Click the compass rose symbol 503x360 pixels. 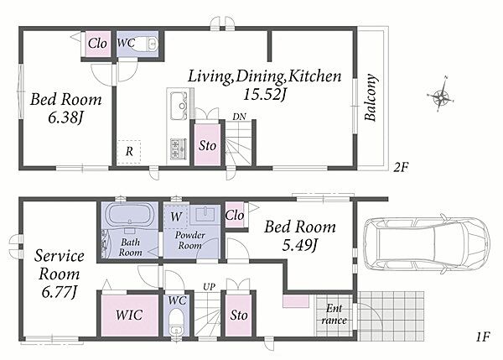point(442,95)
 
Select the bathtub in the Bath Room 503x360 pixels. point(130,214)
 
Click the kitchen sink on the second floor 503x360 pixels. point(178,105)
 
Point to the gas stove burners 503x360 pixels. point(179,149)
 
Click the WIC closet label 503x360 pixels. point(129,315)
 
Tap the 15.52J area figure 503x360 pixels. point(265,95)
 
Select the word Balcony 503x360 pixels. point(370,97)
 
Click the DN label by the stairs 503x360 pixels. point(239,117)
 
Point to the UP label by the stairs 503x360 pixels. point(209,286)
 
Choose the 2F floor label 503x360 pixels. point(401,167)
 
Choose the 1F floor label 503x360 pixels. point(483,337)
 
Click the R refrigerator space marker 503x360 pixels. point(129,152)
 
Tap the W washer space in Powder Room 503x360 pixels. point(176,217)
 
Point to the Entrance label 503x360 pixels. point(334,315)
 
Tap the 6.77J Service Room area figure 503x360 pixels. point(59,293)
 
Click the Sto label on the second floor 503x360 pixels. point(207,146)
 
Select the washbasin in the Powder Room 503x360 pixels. point(205,214)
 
